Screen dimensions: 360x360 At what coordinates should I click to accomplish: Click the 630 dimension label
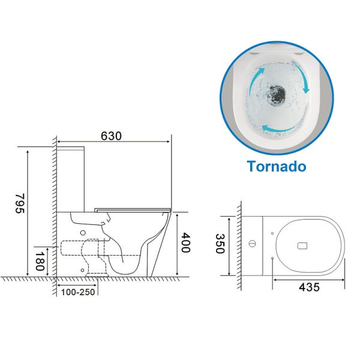111,136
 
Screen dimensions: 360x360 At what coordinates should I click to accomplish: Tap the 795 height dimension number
20,203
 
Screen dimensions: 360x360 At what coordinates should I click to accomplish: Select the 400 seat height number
185,242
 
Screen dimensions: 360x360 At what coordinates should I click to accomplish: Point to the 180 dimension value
40,261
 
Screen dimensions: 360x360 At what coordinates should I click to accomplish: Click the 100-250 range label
78,292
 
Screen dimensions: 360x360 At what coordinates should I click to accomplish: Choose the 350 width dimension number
220,244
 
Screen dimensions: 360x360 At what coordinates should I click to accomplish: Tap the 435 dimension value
309,287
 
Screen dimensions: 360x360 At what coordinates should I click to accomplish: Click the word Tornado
277,166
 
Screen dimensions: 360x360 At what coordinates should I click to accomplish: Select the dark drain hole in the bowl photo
277,94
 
